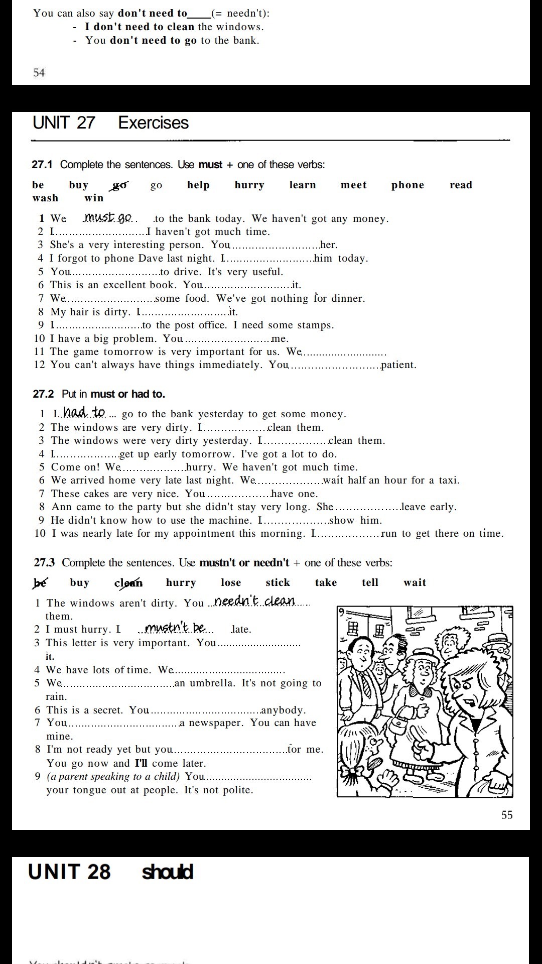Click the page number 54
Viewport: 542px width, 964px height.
[x=39, y=73]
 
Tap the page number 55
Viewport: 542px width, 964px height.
[x=507, y=815]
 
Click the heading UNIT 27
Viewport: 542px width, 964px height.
[x=64, y=123]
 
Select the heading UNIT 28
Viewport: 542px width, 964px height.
[x=69, y=872]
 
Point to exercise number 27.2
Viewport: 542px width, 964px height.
[x=43, y=394]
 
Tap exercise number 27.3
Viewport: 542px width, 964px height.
[x=44, y=563]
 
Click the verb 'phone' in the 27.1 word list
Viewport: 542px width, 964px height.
[x=408, y=185]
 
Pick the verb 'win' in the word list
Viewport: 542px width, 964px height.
[x=94, y=198]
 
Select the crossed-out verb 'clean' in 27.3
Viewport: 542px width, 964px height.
[x=128, y=583]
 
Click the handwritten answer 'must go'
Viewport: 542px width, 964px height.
[x=107, y=217]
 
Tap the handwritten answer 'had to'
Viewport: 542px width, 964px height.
[x=84, y=413]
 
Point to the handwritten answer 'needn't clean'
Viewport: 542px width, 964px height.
[x=254, y=601]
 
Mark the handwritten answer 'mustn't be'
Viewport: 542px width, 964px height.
[x=175, y=628]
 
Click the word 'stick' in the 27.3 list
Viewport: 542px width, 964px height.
[x=278, y=582]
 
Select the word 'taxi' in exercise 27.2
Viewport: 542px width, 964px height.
[x=448, y=480]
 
